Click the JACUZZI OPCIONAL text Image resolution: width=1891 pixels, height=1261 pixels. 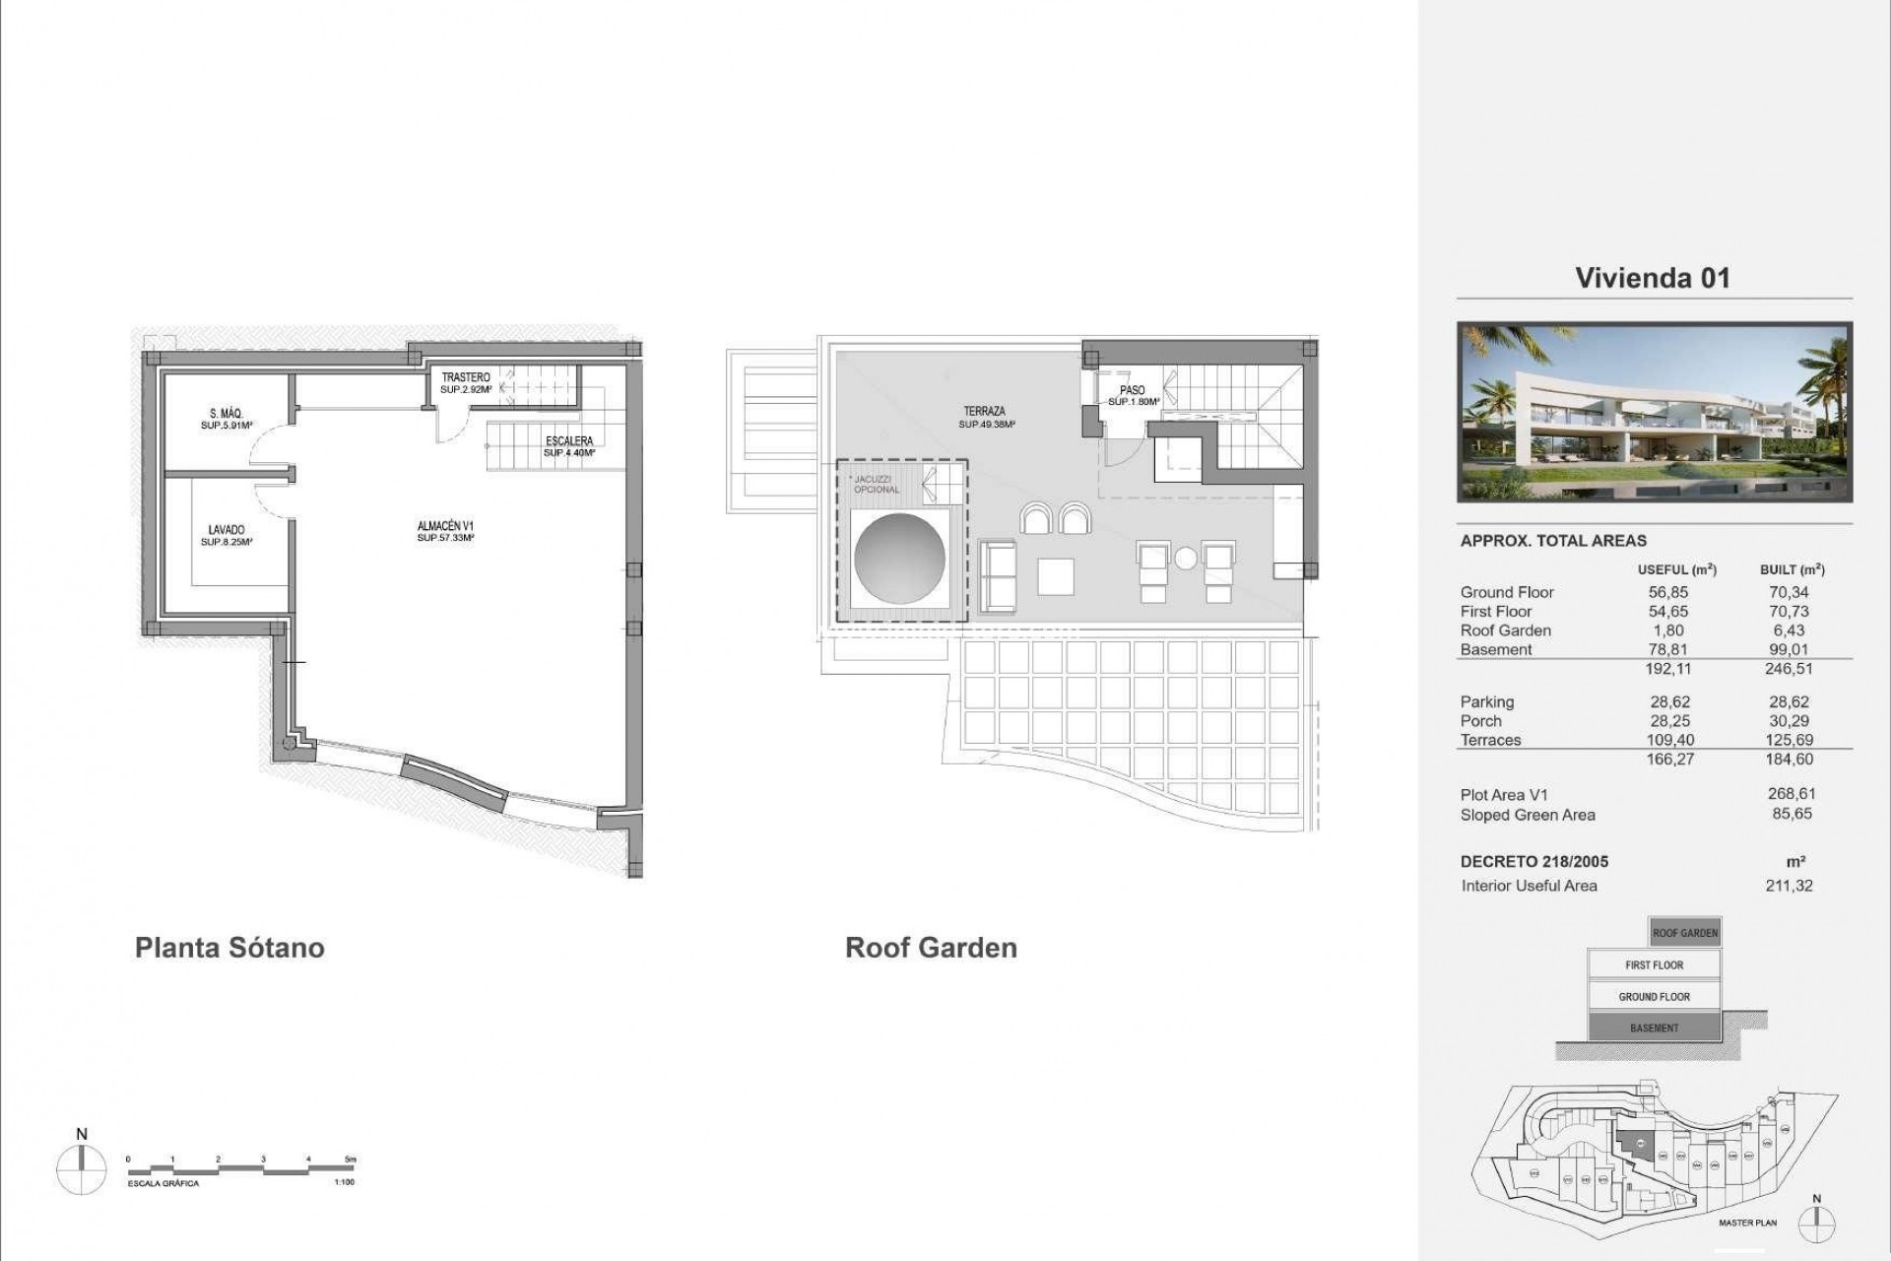(875, 484)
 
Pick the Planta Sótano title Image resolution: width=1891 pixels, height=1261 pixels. (229, 948)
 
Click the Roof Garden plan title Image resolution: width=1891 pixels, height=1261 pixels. (931, 948)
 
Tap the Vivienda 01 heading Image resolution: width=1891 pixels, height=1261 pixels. (1652, 278)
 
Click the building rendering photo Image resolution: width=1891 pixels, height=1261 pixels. (1655, 412)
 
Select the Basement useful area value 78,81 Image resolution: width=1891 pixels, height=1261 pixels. (1668, 649)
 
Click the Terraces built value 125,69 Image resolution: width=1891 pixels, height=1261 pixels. (1789, 740)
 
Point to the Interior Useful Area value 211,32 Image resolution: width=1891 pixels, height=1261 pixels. (1789, 886)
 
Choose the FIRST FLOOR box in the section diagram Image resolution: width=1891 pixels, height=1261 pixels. (1654, 965)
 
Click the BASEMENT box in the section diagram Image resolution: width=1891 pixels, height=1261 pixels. (1654, 1029)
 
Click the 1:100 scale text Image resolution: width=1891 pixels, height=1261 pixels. (344, 1182)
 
